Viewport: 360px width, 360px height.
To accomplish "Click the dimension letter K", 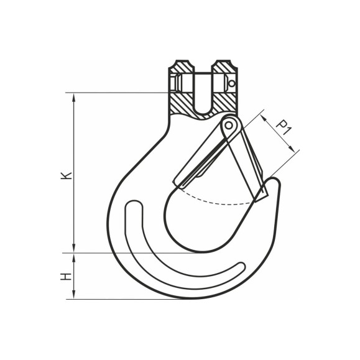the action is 67,175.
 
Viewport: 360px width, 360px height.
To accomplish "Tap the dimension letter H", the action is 66,277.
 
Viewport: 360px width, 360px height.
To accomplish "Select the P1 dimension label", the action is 284,127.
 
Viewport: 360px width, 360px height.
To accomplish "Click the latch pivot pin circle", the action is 229,125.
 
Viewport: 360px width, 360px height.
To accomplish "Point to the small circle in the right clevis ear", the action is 232,83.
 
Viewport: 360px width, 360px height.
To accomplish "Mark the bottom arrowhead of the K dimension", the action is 74,248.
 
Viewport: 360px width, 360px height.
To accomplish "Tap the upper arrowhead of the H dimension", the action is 74,258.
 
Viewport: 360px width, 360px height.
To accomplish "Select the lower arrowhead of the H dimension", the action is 74,295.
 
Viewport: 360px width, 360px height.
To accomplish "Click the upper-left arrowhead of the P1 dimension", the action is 264,118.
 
